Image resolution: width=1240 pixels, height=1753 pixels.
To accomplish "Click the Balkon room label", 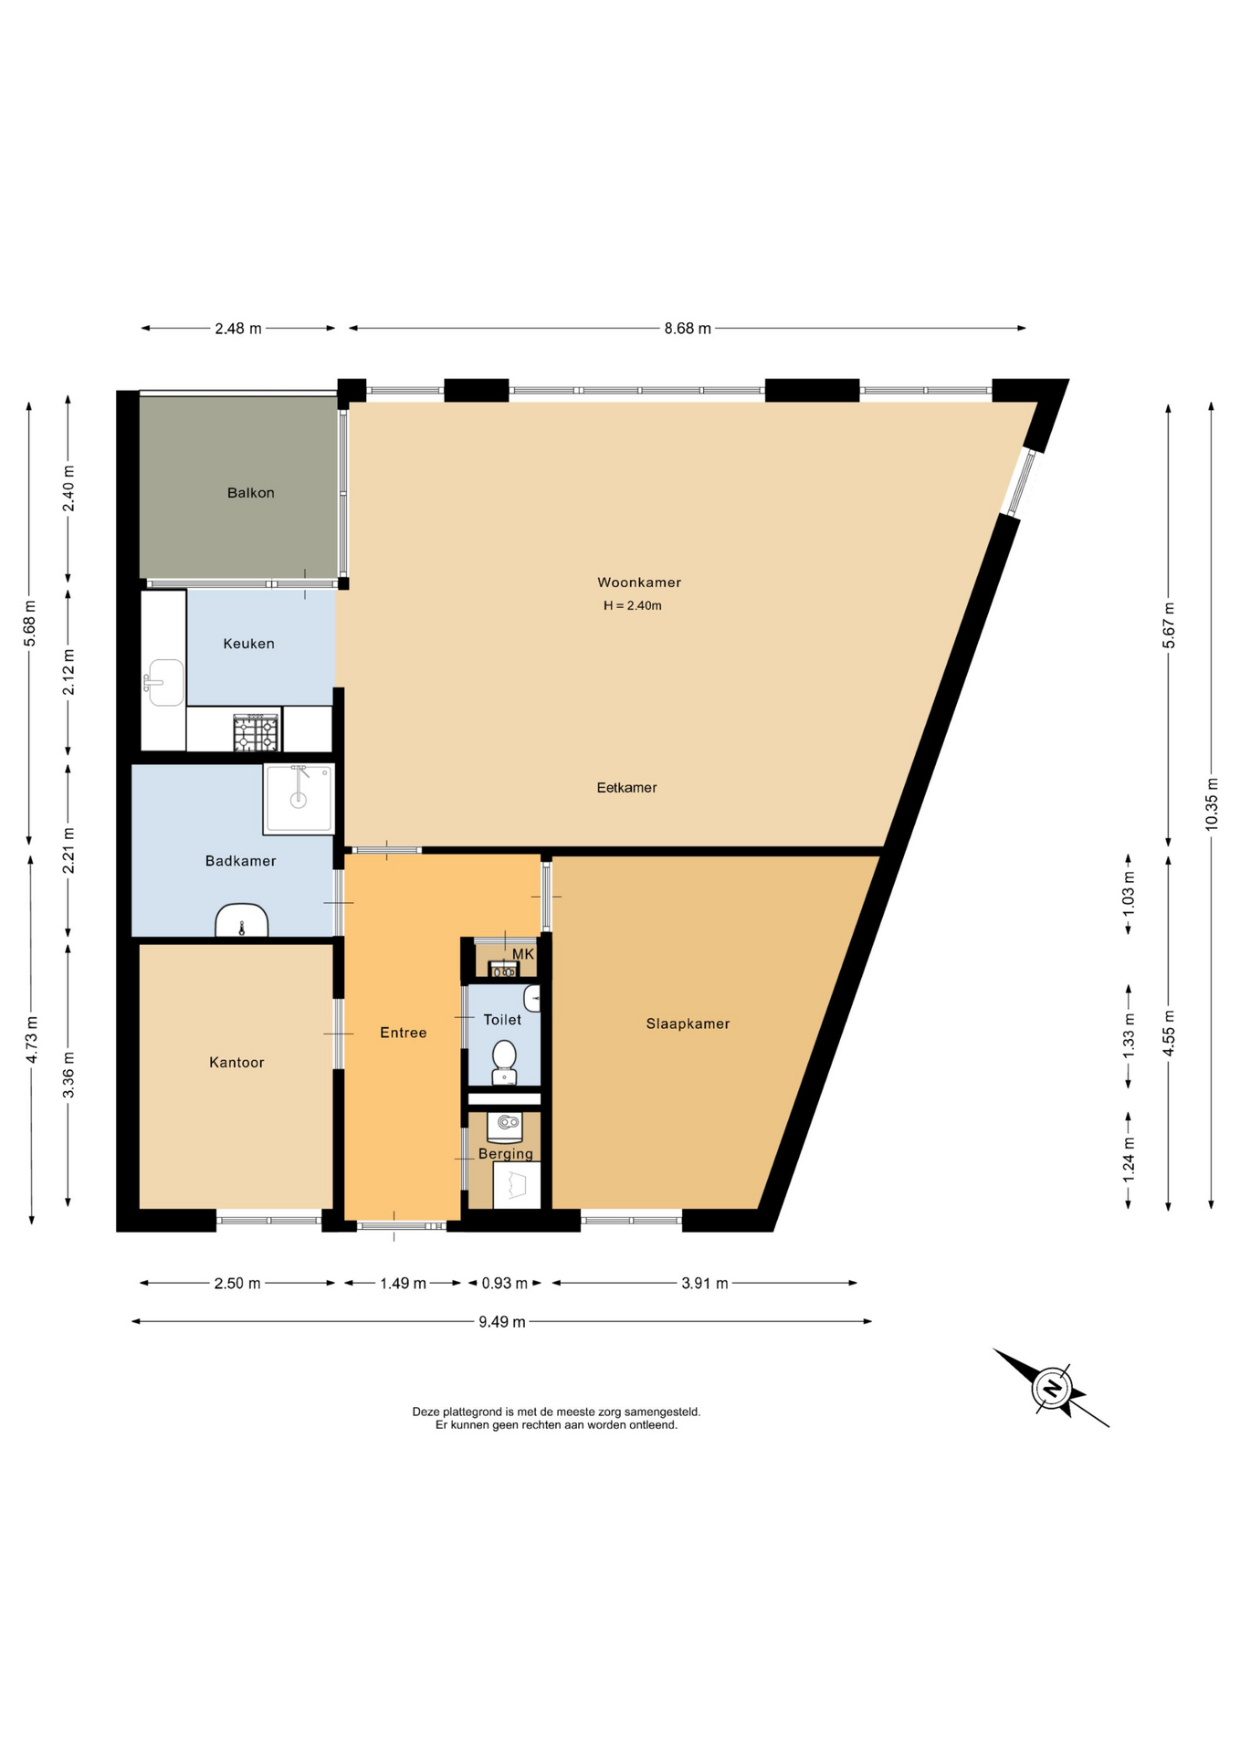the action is pyautogui.click(x=251, y=493).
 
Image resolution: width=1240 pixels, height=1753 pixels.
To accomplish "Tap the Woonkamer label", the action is pyautogui.click(x=639, y=583).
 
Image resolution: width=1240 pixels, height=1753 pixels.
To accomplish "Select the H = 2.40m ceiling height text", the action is pyautogui.click(x=633, y=605).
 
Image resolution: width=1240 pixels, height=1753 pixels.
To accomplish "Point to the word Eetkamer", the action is pyautogui.click(x=626, y=787).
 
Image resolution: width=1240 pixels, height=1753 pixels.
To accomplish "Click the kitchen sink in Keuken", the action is pyautogui.click(x=164, y=682).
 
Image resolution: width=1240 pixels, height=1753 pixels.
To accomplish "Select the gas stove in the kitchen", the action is pyautogui.click(x=256, y=733).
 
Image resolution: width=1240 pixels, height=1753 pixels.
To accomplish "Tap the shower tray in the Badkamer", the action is pyautogui.click(x=299, y=799).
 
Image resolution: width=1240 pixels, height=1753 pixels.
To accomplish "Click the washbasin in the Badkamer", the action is pyautogui.click(x=242, y=920).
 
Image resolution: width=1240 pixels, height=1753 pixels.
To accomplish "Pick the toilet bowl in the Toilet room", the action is pyautogui.click(x=504, y=1063).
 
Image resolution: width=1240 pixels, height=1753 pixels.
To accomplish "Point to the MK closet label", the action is pyautogui.click(x=523, y=954).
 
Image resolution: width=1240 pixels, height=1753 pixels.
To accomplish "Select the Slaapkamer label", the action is pyautogui.click(x=688, y=1023).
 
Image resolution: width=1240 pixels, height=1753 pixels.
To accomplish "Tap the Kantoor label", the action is pyautogui.click(x=236, y=1063).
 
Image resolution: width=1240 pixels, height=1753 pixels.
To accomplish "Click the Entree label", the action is pyautogui.click(x=404, y=1033).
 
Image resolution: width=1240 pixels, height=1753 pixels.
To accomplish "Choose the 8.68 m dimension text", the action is pyautogui.click(x=688, y=329).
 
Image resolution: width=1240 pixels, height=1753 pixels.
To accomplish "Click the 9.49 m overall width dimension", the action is pyautogui.click(x=502, y=1321).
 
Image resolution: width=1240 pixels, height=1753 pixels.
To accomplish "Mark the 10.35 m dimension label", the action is pyautogui.click(x=1212, y=803).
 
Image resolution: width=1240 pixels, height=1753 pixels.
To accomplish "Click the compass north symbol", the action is pyautogui.click(x=1052, y=1389).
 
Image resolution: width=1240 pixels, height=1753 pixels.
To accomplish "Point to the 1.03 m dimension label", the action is pyautogui.click(x=1129, y=894).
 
